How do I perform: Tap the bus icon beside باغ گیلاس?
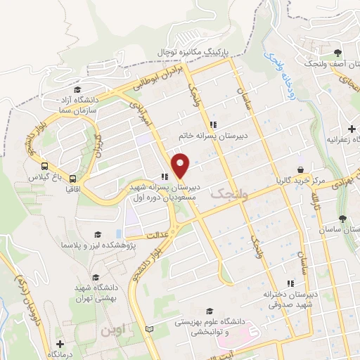[x=45, y=167]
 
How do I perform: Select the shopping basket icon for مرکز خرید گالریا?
[x=301, y=170]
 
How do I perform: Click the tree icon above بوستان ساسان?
[x=342, y=219]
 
